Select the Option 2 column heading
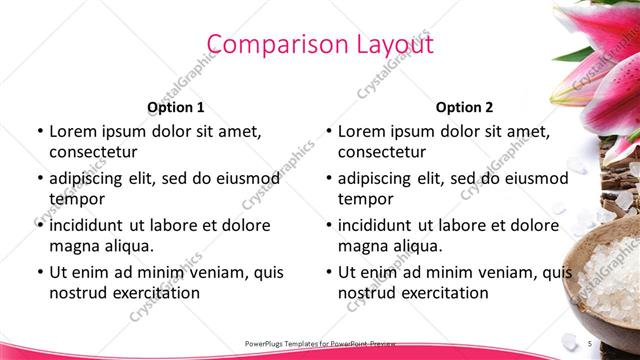[464, 107]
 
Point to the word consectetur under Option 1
[93, 152]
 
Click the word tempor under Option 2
[365, 198]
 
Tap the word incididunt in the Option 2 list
[381, 225]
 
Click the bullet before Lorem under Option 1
[40, 131]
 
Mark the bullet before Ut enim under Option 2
[329, 272]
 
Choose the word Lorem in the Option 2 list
[361, 131]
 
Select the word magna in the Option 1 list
[74, 245]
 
